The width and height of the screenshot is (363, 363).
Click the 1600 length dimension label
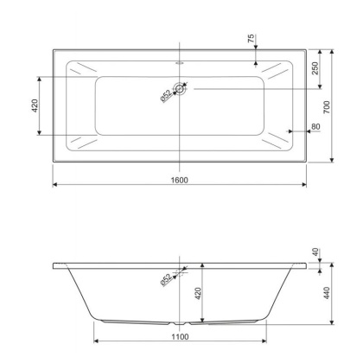tap(180, 180)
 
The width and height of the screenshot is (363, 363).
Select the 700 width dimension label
tap(327, 107)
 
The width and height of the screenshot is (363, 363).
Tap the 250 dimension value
tap(315, 68)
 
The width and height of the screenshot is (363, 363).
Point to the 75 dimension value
tap(251, 39)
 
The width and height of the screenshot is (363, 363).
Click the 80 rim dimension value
tap(315, 127)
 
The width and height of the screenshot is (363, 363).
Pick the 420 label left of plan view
tap(35, 105)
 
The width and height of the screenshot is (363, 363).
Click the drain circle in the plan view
tap(180, 89)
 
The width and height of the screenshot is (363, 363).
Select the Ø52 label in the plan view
tap(166, 96)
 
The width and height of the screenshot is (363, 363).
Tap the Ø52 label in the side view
tap(166, 279)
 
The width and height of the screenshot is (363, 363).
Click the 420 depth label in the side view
tap(198, 294)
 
